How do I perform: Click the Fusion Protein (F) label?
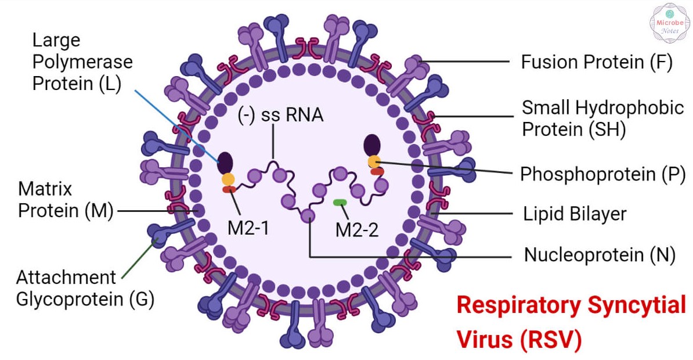point(597,62)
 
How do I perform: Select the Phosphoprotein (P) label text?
point(602,174)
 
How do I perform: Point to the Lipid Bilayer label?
point(575,214)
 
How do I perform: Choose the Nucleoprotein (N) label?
point(600,255)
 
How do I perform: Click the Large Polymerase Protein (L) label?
point(82,62)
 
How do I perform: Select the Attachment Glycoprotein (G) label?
point(85,289)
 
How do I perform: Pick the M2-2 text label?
point(357,230)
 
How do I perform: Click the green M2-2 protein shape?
point(340,203)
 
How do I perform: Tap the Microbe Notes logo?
point(670,23)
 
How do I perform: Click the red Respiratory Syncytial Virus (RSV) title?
point(571,322)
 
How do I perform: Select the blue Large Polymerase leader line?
point(177,126)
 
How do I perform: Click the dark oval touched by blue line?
point(225,163)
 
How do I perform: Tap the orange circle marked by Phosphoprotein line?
point(374,162)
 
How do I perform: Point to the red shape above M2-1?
point(229,189)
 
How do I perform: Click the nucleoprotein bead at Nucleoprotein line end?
point(308,216)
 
